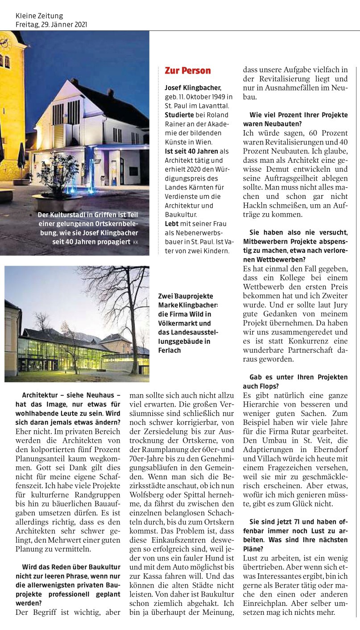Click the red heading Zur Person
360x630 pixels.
coord(187,70)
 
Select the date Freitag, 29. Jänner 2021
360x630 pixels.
coord(51,25)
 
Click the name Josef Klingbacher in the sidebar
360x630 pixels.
coord(192,87)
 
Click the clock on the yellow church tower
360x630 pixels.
coord(4,43)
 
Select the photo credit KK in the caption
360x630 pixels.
coord(135,242)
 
